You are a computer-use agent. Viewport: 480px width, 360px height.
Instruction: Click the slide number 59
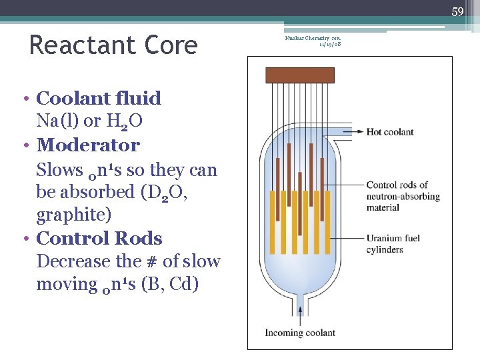[x=457, y=11]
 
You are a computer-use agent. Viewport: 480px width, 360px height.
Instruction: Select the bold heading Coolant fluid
[x=99, y=98]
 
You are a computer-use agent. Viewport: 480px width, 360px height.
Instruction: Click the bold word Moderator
[x=88, y=145]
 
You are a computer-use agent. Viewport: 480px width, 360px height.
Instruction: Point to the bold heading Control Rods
[x=99, y=238]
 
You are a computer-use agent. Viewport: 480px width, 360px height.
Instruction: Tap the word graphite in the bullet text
[x=73, y=215]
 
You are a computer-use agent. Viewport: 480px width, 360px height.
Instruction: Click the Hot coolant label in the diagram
[x=390, y=131]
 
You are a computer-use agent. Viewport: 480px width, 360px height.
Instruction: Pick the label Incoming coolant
[x=302, y=333]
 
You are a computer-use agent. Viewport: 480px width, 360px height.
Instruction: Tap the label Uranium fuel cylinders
[x=393, y=244]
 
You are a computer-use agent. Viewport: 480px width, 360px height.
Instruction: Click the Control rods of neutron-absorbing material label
[x=403, y=196]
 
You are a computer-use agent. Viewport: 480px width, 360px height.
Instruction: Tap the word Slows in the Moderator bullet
[x=59, y=169]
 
